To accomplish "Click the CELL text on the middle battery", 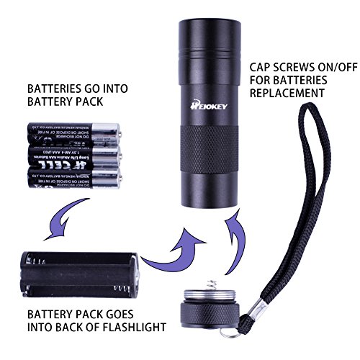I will tap(57, 155).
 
